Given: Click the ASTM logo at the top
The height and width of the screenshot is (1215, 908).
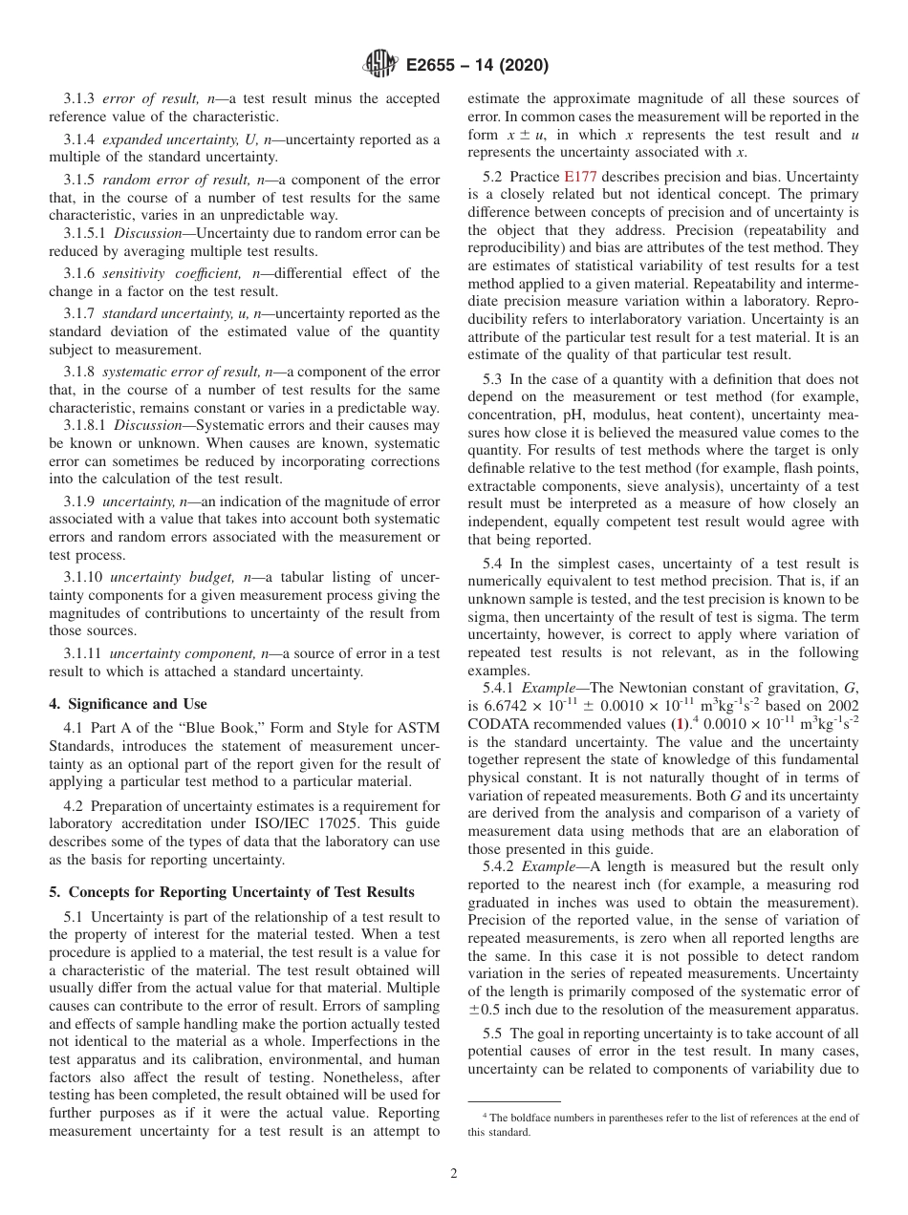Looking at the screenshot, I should pyautogui.click(x=380, y=66).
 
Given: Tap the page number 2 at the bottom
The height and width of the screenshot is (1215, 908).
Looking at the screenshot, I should pyautogui.click(x=454, y=1174).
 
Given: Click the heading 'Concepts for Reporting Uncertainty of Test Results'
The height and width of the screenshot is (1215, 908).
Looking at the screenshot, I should pyautogui.click(x=239, y=892).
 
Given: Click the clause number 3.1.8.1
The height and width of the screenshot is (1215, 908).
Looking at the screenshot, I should pyautogui.click(x=87, y=424).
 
